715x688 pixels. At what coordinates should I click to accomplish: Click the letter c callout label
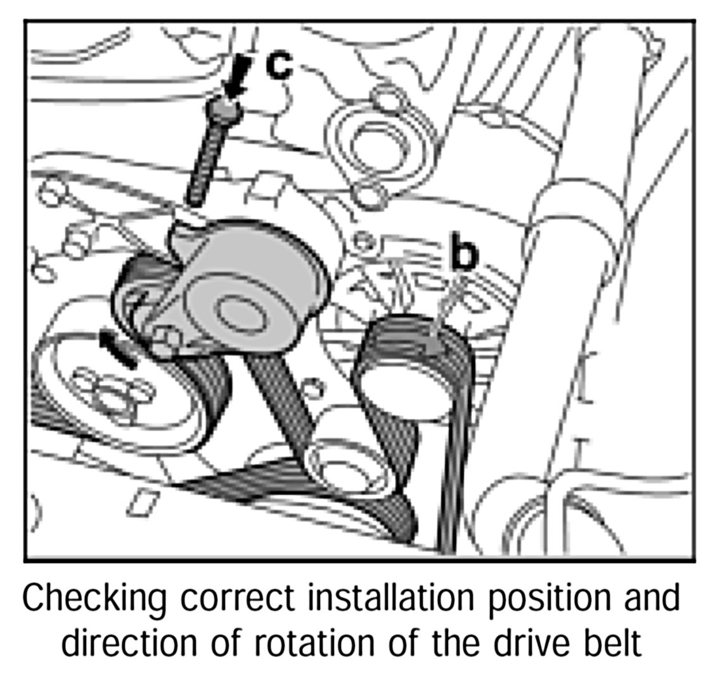(x=278, y=65)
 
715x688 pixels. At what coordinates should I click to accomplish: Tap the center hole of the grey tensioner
(x=239, y=313)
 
